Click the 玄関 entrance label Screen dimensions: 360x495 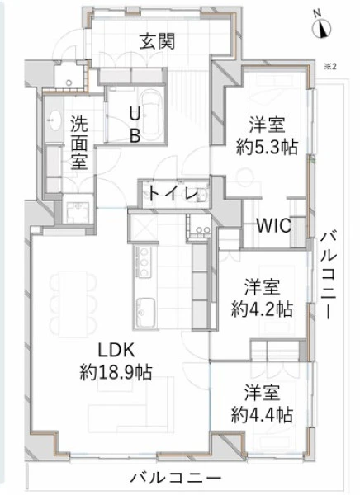[x=157, y=41]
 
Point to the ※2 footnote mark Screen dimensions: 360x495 [x=330, y=67]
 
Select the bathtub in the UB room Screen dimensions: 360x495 [x=153, y=115]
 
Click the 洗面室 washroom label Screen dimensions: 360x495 [x=79, y=143]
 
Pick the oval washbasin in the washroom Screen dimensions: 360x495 [x=54, y=120]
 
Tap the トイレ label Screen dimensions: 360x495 [x=173, y=193]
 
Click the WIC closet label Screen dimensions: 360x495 [x=273, y=225]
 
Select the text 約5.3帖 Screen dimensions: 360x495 [x=267, y=147]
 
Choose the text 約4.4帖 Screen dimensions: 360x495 [x=262, y=414]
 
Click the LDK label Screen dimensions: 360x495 [x=116, y=350]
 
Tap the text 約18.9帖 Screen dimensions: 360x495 [x=116, y=373]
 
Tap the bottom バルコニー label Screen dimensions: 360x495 [x=176, y=478]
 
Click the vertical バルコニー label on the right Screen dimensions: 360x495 [x=329, y=276]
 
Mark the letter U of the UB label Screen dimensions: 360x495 [x=135, y=115]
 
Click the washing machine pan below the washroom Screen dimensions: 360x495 [x=78, y=212]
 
